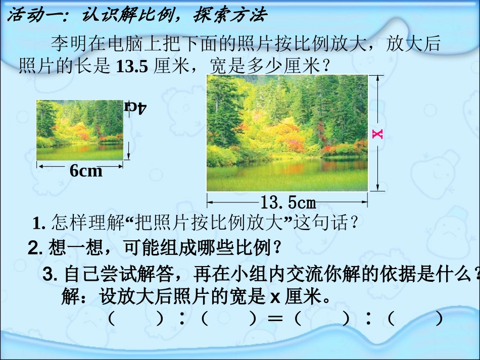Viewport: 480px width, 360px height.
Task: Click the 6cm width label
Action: click(x=86, y=171)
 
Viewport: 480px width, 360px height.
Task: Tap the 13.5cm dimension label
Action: click(x=287, y=203)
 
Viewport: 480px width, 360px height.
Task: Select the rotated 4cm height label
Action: click(x=135, y=107)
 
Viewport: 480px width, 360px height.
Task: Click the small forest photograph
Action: click(x=79, y=130)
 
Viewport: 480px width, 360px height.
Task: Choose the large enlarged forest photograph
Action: click(x=287, y=133)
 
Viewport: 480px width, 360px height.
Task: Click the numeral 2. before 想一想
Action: click(x=35, y=248)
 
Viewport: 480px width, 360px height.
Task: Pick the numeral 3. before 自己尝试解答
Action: click(x=50, y=275)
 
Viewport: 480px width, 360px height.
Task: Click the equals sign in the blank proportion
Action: click(x=274, y=319)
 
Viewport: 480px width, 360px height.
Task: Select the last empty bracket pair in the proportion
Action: click(x=416, y=319)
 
